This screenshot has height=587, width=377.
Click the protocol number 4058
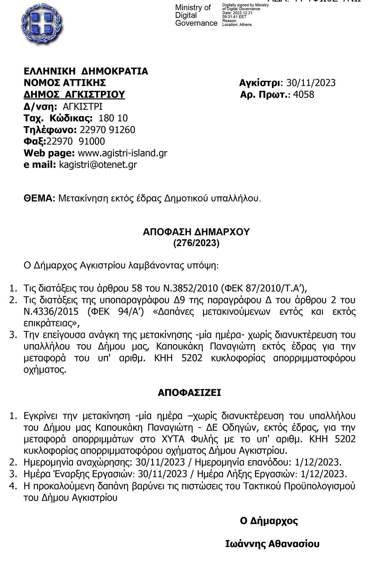tap(303, 95)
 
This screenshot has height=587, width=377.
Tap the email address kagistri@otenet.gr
tap(98, 165)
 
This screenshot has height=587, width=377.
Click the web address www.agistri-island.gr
tap(122, 153)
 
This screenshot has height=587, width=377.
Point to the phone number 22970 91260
tap(107, 130)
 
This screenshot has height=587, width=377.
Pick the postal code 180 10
tap(113, 118)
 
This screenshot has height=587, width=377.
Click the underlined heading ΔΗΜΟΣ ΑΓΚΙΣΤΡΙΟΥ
tap(74, 95)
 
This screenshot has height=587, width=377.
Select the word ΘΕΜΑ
tap(39, 198)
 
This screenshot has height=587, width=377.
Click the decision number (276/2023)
tap(196, 243)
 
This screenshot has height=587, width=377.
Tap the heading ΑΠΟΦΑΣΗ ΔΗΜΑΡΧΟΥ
tap(196, 232)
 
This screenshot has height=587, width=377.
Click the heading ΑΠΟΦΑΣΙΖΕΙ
tap(189, 393)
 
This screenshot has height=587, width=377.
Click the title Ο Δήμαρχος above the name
tap(269, 521)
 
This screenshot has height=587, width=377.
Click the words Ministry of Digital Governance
tap(196, 15)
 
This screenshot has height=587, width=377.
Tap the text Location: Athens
tap(237, 25)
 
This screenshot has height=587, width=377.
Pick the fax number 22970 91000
tap(76, 141)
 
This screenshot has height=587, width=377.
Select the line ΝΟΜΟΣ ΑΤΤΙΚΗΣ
tap(65, 83)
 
